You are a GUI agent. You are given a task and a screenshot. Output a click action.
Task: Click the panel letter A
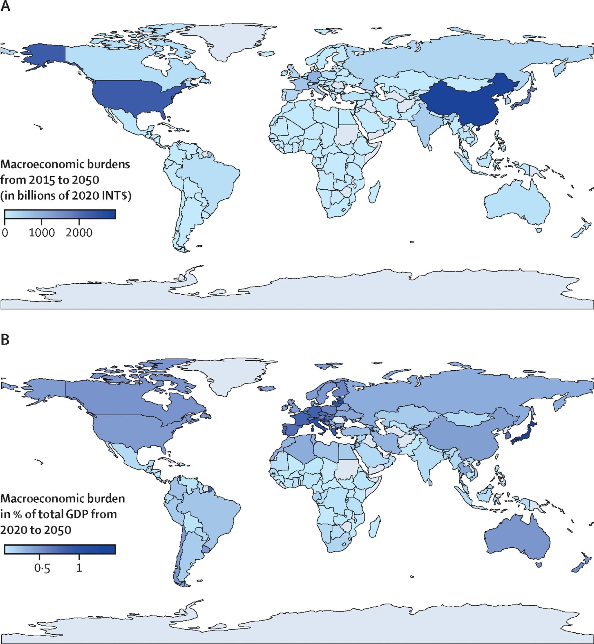(5, 6)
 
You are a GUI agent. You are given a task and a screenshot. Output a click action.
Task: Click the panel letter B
(5, 340)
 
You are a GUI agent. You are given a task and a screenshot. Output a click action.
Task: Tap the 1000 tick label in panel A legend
(42, 233)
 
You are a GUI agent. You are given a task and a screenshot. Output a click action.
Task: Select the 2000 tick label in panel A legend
(79, 233)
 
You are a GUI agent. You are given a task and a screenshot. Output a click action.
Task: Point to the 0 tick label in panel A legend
(5, 233)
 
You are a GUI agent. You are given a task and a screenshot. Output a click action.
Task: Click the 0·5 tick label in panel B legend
(42, 569)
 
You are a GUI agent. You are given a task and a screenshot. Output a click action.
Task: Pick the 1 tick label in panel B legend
(79, 568)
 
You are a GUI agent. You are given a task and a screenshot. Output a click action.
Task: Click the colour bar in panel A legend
(60, 214)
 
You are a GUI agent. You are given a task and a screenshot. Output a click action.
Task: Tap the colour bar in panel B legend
(60, 549)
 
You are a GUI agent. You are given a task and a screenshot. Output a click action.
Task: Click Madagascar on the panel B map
(374, 527)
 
